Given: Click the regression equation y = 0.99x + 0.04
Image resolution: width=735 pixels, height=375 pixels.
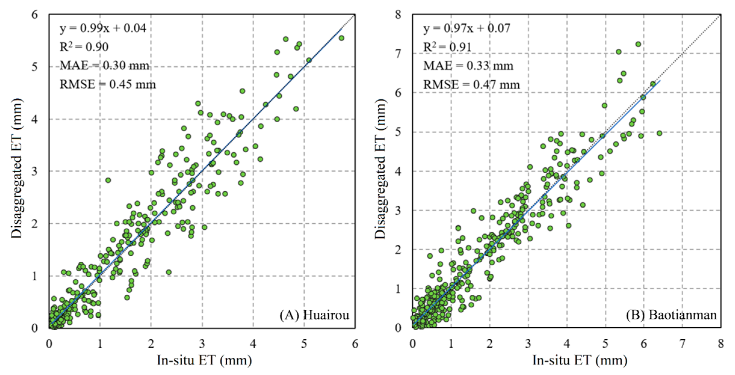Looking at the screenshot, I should tap(103, 28).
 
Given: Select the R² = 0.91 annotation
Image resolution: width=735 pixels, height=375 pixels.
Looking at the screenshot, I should tap(447, 47).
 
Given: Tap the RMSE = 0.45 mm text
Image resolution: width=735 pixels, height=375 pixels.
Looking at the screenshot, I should tap(108, 84).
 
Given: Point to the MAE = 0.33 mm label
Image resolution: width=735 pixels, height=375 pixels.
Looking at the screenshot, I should tap(468, 66).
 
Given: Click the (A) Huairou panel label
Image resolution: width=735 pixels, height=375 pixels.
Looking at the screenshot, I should tap(314, 315).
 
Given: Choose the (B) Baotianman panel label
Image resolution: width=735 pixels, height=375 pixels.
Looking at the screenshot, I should tap(671, 315).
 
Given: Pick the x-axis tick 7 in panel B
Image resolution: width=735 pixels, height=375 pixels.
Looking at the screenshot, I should tap(682, 343).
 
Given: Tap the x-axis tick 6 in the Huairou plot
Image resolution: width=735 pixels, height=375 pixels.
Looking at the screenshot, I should tap(355, 343).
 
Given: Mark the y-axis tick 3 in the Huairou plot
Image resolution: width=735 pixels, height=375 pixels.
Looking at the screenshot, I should tap(35, 171).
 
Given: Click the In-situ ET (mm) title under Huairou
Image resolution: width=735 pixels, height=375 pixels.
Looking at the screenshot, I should tap(204, 360).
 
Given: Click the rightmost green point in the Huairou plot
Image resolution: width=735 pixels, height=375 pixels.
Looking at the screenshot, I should tap(341, 38).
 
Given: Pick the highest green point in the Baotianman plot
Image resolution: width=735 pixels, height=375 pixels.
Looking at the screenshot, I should tap(638, 44).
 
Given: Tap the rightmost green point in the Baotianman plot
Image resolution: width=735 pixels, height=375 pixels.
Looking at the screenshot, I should tap(659, 133).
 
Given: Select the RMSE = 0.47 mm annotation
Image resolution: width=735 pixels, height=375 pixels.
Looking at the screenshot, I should tap(471, 85).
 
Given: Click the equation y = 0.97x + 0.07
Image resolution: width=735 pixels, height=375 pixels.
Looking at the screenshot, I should tap(467, 28).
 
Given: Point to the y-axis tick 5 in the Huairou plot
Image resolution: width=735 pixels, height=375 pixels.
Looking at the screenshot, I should tap(35, 67).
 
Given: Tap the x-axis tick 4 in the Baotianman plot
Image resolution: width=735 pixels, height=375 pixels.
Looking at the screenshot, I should tap(567, 343).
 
